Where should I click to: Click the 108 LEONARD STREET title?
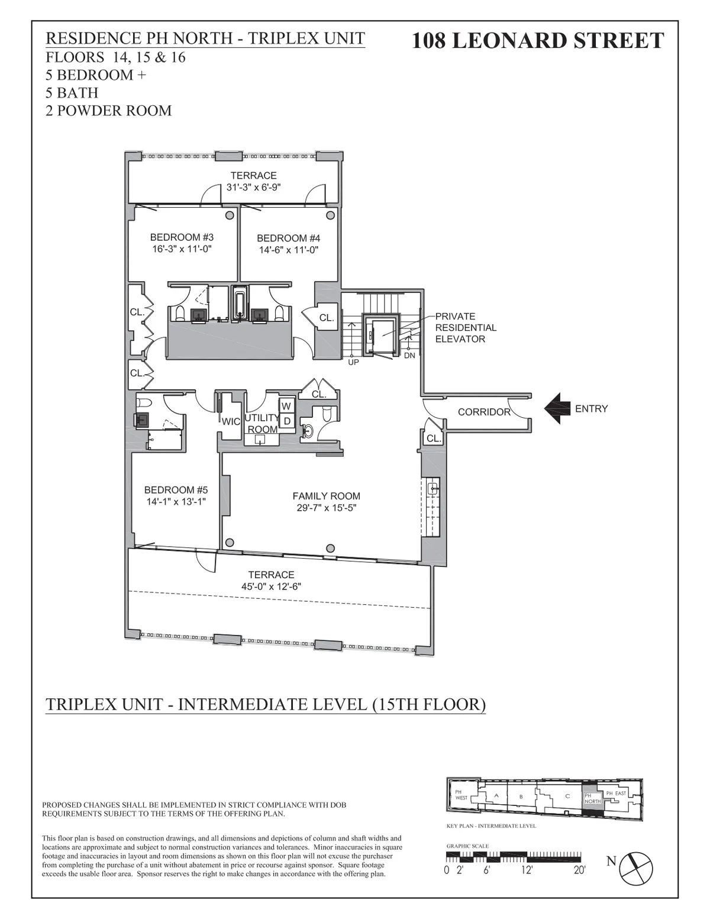[537, 40]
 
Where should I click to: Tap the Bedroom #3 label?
[181, 237]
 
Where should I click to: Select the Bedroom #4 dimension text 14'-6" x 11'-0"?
[289, 250]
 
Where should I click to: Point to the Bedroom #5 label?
[176, 489]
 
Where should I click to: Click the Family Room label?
[326, 496]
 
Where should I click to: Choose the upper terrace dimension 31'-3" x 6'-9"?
[253, 187]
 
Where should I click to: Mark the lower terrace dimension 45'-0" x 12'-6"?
[271, 586]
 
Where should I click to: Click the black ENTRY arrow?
[556, 409]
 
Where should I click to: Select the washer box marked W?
[286, 406]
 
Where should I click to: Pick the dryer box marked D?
[286, 421]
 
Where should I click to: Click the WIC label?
[230, 421]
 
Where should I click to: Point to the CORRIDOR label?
[483, 412]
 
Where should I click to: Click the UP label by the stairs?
[353, 362]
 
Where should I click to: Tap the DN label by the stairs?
[409, 356]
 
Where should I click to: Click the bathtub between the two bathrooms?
[240, 304]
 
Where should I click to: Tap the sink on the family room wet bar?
[433, 488]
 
